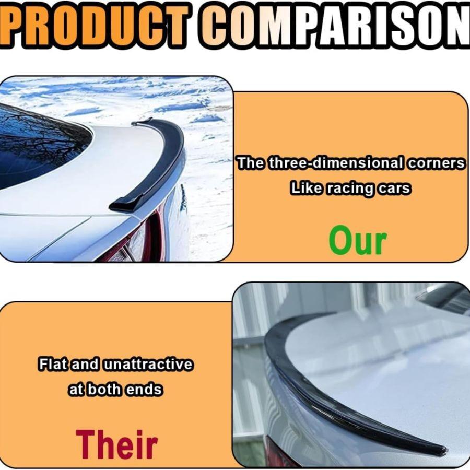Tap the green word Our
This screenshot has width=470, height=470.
pyautogui.click(x=358, y=241)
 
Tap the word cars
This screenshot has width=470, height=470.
pyautogui.click(x=396, y=188)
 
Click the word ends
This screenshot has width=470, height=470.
pyautogui.click(x=148, y=390)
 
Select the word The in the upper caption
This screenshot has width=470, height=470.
pyautogui.click(x=251, y=163)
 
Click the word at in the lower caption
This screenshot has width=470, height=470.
pyautogui.click(x=77, y=390)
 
